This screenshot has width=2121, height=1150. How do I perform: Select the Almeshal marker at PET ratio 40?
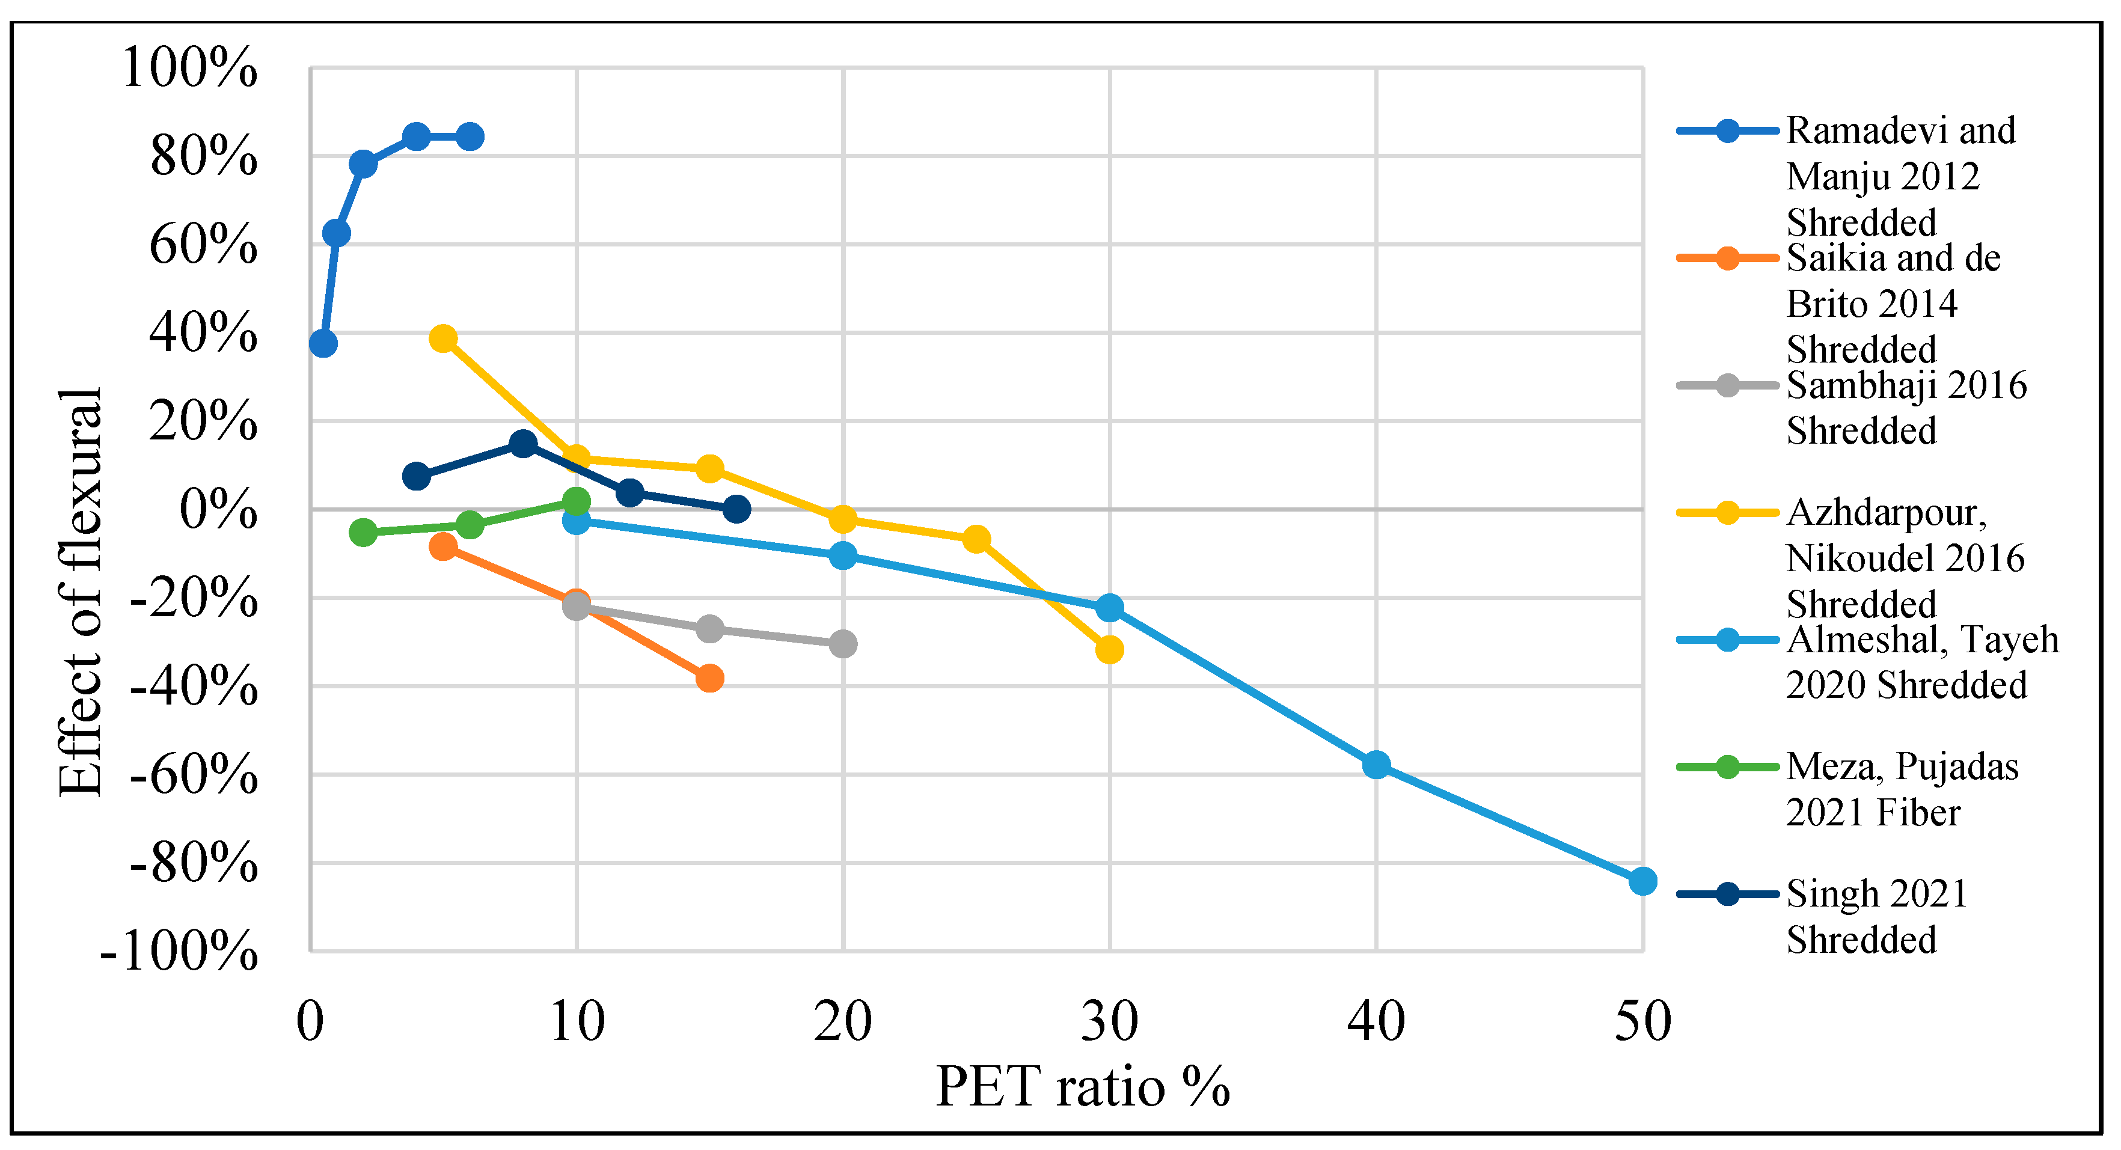1376,765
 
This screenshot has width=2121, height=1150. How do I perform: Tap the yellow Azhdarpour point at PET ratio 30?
1109,649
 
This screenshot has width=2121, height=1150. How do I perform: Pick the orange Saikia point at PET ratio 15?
709,678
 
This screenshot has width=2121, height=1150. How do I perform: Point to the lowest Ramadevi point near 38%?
323,343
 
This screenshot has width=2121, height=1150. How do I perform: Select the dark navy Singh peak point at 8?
523,444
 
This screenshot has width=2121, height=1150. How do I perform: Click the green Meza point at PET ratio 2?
363,533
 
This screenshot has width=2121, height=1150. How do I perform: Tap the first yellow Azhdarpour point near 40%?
443,338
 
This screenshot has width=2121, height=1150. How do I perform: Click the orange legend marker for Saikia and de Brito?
1727,258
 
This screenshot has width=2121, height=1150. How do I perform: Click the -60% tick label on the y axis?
194,775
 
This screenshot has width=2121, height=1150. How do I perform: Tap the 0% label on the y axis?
218,510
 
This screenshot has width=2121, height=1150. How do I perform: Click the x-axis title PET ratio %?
1082,1087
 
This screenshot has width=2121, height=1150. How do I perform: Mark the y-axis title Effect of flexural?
81,592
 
